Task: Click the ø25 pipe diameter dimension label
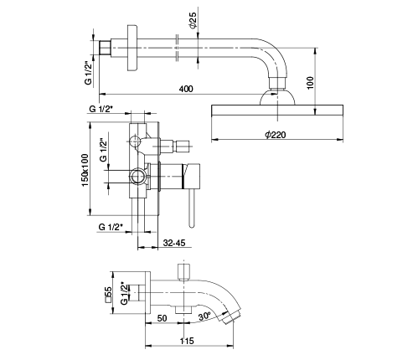tap(193, 20)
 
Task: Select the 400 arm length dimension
tap(186, 89)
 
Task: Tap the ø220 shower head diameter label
tap(276, 135)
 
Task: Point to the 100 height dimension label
tap(310, 83)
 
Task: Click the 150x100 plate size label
tap(85, 170)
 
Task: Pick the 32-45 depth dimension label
tap(174, 243)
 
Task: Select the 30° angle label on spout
tap(204, 316)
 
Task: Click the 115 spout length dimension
tap(187, 341)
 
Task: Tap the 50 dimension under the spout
tap(162, 318)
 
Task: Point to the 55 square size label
tap(108, 295)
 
